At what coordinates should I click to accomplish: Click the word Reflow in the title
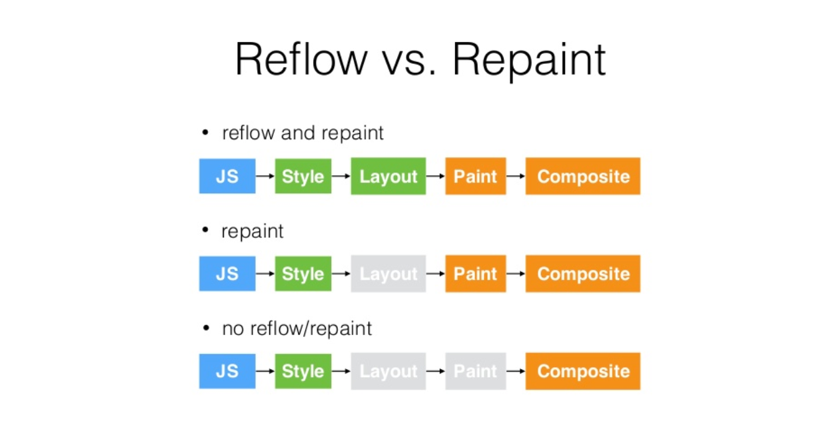(301, 59)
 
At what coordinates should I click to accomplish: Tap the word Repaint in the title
(529, 61)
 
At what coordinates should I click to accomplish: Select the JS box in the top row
(227, 176)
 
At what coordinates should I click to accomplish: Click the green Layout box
(388, 176)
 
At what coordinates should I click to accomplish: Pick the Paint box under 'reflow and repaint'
(475, 176)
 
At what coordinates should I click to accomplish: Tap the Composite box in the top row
(582, 176)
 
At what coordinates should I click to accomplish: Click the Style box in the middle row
(303, 274)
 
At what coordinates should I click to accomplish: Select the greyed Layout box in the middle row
(388, 274)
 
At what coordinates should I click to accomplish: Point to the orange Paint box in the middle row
(475, 274)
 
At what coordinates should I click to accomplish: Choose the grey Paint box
(475, 371)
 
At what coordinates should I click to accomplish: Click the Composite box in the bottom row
(582, 371)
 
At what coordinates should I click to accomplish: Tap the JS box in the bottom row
(227, 371)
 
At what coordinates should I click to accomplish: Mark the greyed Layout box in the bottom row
(388, 371)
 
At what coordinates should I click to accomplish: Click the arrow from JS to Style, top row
(265, 176)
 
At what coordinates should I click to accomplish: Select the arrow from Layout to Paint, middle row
(435, 274)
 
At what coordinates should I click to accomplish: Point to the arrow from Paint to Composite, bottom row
(515, 371)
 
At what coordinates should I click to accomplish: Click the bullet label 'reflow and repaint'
(303, 133)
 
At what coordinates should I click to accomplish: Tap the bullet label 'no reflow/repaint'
(297, 328)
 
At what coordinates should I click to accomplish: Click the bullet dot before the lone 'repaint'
(205, 230)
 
